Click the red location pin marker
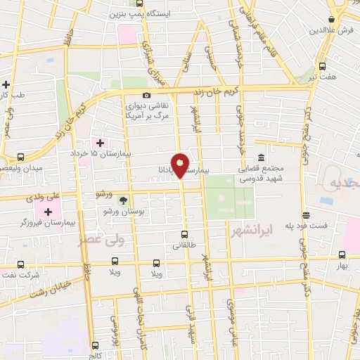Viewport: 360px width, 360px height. (x=180, y=165)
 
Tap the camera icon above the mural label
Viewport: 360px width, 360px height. (x=146, y=96)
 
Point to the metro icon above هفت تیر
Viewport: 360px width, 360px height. (x=322, y=66)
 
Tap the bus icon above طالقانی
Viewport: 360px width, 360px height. (x=184, y=235)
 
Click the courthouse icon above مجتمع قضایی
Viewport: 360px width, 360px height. (x=261, y=157)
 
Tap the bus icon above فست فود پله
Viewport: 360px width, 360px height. (x=306, y=215)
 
